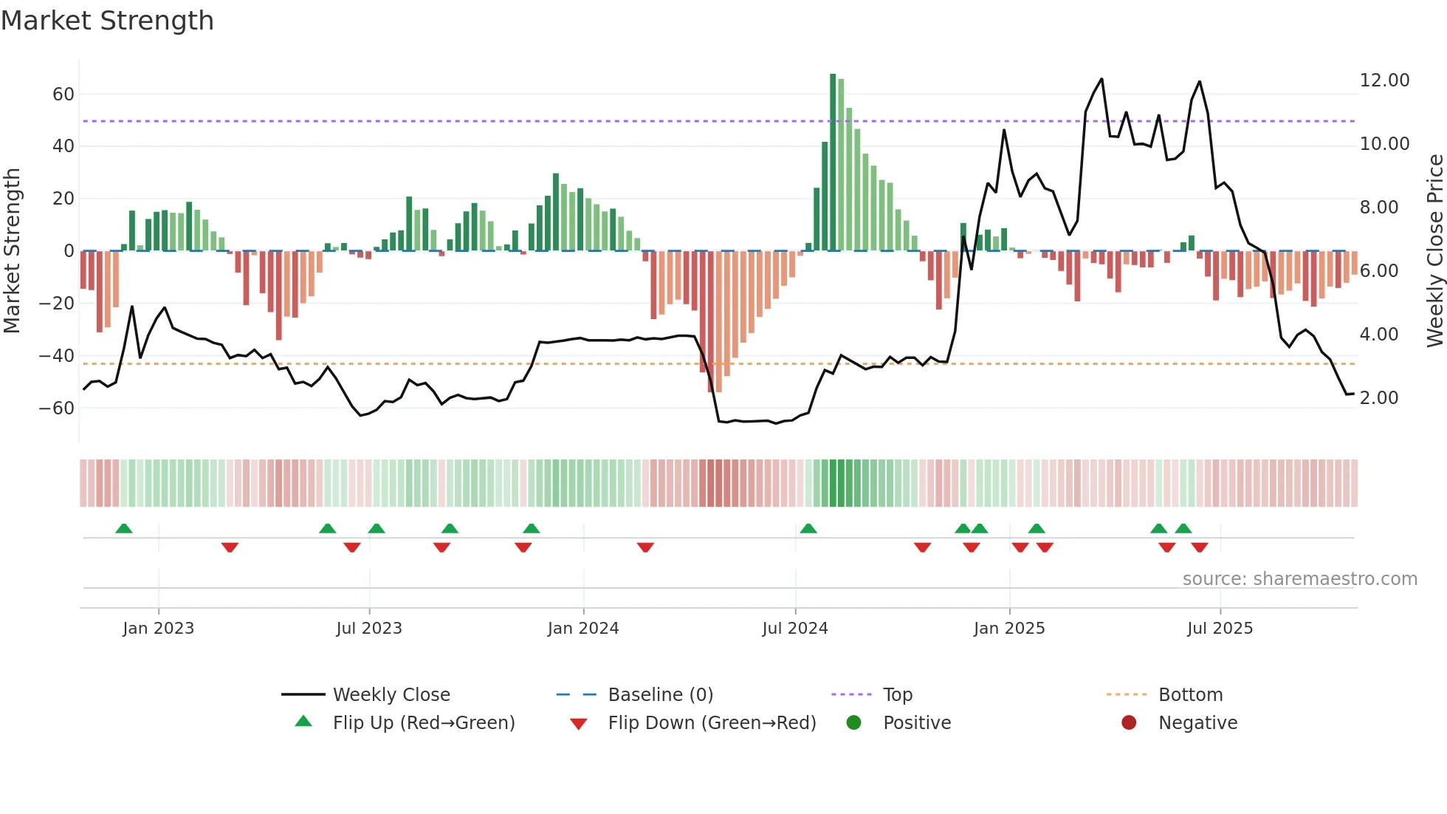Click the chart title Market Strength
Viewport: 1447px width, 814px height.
click(107, 21)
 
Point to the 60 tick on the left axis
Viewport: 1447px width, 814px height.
click(63, 95)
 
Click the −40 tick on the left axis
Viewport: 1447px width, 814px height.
click(57, 356)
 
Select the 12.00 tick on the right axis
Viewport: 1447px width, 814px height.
click(1384, 81)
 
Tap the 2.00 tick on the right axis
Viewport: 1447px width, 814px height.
click(1378, 398)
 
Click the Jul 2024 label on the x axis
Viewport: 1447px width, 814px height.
click(794, 629)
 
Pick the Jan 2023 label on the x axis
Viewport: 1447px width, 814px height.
click(158, 629)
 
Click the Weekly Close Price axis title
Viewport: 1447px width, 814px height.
click(1434, 251)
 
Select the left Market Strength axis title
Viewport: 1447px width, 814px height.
click(12, 251)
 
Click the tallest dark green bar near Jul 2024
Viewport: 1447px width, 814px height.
click(833, 163)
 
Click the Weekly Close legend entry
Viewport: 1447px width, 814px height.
click(391, 695)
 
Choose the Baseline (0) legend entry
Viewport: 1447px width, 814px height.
click(660, 695)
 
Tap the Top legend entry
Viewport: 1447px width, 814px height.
click(897, 695)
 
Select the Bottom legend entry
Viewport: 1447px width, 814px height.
click(1190, 695)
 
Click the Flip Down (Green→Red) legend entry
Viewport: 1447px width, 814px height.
click(711, 723)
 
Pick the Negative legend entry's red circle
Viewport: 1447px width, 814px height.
click(1129, 723)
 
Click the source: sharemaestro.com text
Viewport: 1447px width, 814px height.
click(1299, 579)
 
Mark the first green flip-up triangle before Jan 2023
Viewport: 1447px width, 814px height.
click(124, 529)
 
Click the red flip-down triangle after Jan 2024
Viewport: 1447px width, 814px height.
click(645, 547)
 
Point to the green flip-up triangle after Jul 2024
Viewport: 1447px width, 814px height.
click(808, 529)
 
